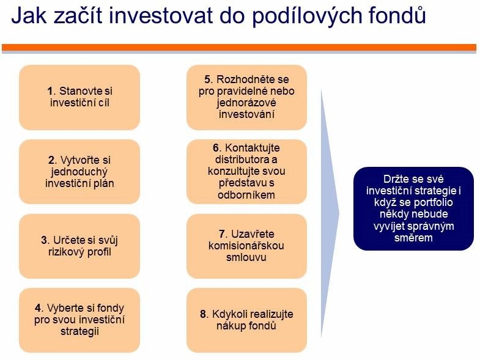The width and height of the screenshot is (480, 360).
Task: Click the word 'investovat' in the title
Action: pos(160,15)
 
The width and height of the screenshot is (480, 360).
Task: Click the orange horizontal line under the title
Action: pos(239,48)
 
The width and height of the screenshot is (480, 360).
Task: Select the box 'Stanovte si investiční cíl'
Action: pos(79,97)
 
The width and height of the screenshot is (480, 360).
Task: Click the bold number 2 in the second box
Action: pos(52,160)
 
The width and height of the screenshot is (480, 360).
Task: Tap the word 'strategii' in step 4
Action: pos(79,331)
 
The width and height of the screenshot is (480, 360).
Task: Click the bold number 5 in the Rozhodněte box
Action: pos(207,79)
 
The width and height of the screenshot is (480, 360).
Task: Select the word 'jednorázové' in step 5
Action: pos(246,103)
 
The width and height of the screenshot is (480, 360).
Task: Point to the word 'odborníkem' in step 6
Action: pos(246,195)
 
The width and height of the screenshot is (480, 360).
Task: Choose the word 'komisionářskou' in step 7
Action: pos(246,246)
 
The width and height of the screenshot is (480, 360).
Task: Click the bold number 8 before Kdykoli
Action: pos(203,314)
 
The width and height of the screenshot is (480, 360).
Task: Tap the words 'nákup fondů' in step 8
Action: pos(246,325)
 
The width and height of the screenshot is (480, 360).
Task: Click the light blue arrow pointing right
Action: pos(330,213)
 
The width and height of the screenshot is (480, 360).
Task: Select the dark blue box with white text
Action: pos(413,208)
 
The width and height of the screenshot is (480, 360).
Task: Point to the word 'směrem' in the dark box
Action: pos(413,238)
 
